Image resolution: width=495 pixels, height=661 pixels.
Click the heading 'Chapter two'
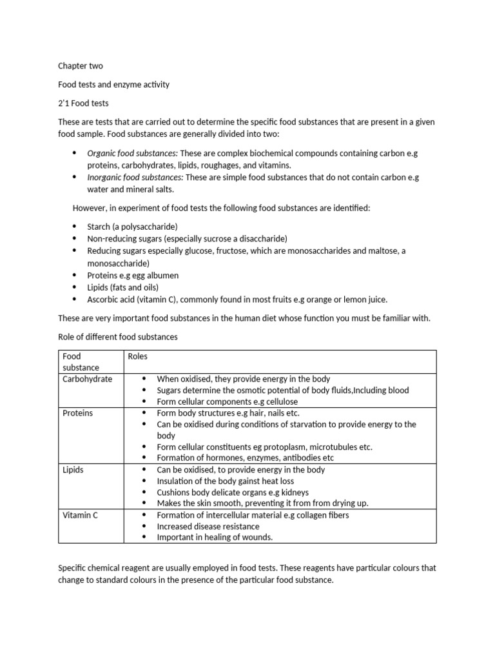80,66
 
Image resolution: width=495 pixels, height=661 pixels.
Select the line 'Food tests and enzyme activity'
113,85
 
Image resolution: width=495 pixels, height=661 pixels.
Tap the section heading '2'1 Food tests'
84,103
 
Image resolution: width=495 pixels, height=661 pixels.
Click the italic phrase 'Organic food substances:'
132,153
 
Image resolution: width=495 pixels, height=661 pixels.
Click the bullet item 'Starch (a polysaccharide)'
132,227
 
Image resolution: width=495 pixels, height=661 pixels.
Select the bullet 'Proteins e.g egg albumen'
133,276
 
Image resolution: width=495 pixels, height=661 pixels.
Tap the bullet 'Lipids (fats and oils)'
122,287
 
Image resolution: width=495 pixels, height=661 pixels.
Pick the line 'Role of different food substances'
117,337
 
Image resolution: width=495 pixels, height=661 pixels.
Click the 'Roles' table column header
138,356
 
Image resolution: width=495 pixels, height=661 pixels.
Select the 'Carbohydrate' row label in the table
87,379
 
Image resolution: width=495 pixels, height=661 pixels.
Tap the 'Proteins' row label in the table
77,413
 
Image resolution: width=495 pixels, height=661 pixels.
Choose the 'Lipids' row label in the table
73,470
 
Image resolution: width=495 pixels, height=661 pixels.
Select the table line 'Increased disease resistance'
208,527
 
